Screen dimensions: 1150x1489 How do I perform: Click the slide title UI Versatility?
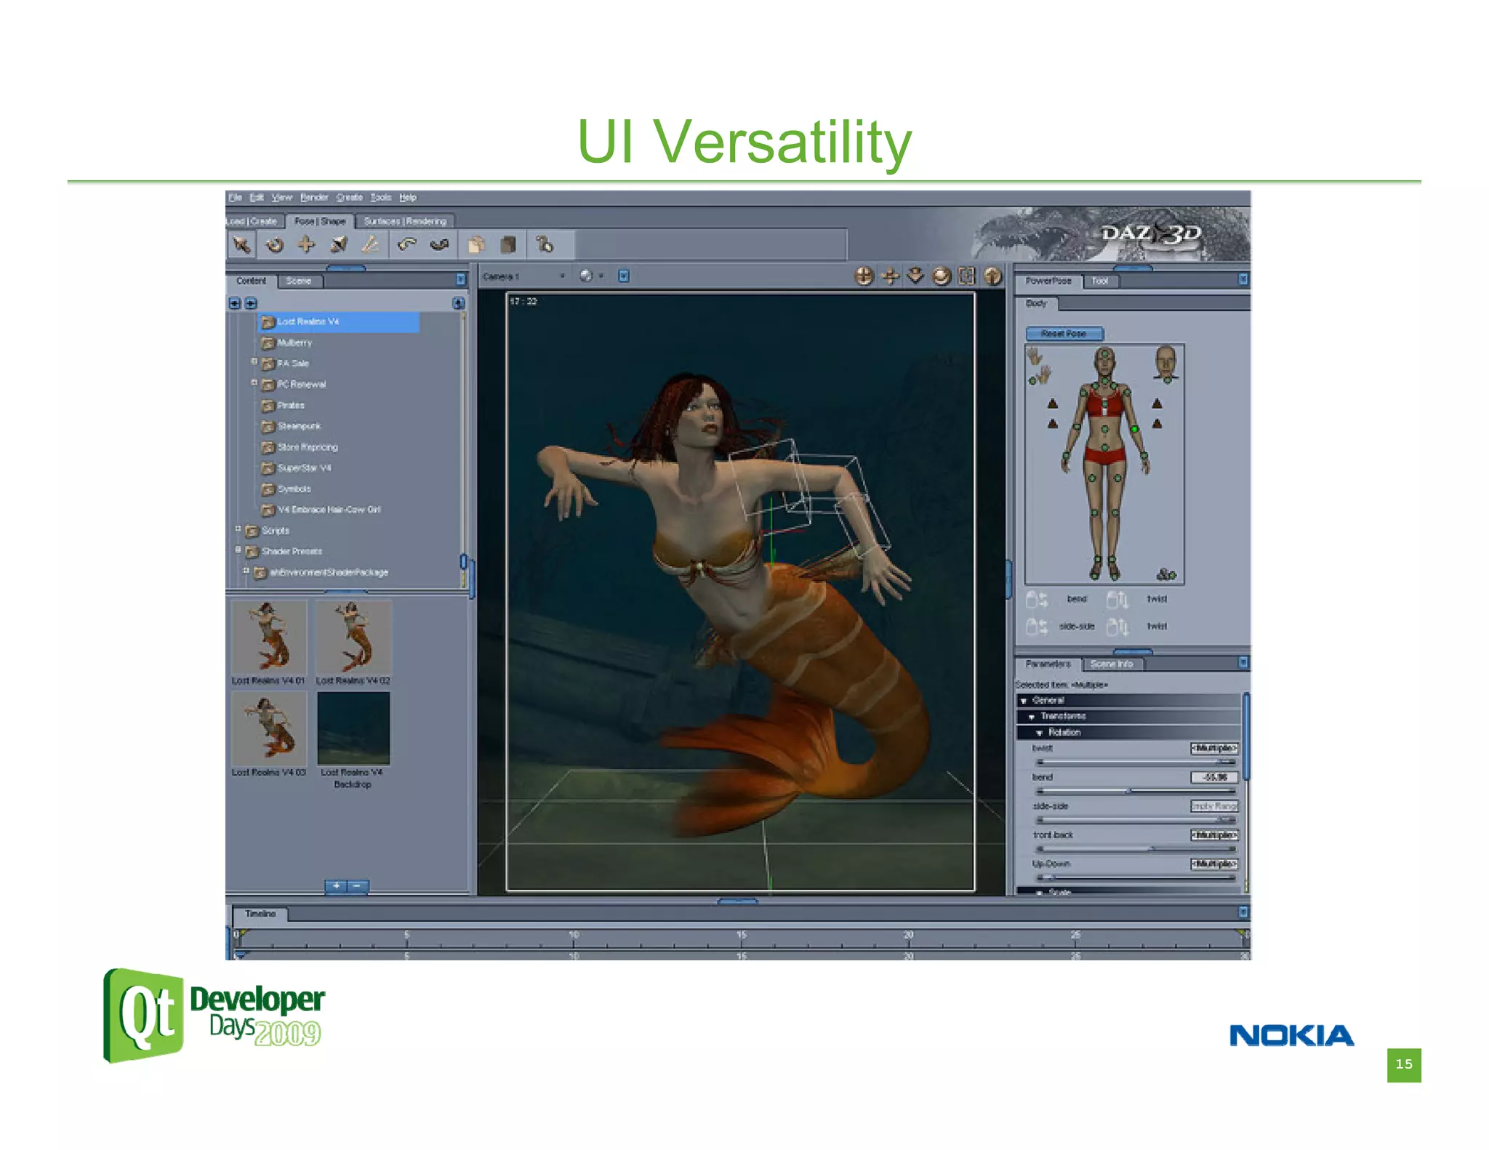pyautogui.click(x=744, y=142)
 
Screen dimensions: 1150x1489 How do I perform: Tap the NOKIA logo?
pyautogui.click(x=1291, y=1035)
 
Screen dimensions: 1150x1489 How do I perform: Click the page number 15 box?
pyautogui.click(x=1403, y=1064)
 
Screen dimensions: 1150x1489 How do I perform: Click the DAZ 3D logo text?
pyautogui.click(x=1150, y=233)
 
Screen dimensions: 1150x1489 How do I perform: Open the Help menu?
pyautogui.click(x=408, y=198)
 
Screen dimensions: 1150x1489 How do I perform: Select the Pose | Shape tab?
pyautogui.click(x=320, y=221)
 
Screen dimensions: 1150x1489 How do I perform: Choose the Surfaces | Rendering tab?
pyautogui.click(x=405, y=221)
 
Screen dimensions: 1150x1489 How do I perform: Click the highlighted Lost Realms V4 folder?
pyautogui.click(x=308, y=321)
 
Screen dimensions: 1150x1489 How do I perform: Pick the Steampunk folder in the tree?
pyautogui.click(x=299, y=426)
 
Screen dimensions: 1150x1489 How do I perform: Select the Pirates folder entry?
pyautogui.click(x=291, y=406)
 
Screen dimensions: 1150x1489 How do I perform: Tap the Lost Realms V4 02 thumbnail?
pyautogui.click(x=353, y=636)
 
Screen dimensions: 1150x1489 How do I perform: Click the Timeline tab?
pyautogui.click(x=260, y=914)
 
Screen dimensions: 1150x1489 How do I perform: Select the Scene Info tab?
pyautogui.click(x=1111, y=664)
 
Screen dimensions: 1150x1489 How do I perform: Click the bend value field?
pyautogui.click(x=1213, y=777)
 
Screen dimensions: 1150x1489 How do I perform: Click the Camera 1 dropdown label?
pyautogui.click(x=502, y=277)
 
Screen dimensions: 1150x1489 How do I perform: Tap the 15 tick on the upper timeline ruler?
pyautogui.click(x=741, y=935)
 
